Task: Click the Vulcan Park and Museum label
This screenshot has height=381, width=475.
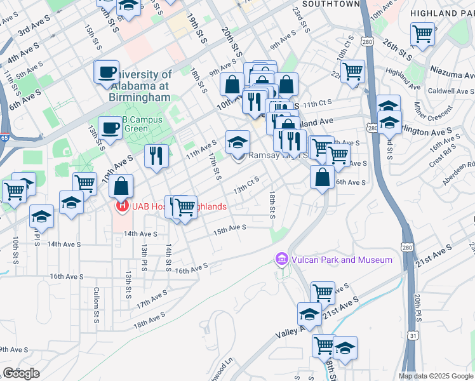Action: click(x=341, y=260)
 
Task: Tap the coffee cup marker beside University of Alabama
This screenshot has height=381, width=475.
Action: click(x=107, y=72)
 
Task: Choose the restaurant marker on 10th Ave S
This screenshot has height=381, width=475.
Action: click(x=156, y=156)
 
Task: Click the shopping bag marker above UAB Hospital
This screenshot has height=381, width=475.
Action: click(x=121, y=187)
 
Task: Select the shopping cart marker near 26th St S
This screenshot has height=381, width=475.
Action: click(x=422, y=34)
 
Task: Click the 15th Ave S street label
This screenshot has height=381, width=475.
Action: click(x=229, y=229)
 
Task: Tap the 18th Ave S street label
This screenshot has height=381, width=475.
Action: click(x=150, y=316)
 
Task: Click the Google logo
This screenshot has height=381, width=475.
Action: click(x=21, y=373)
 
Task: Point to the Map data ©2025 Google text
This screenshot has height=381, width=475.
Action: click(x=435, y=376)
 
